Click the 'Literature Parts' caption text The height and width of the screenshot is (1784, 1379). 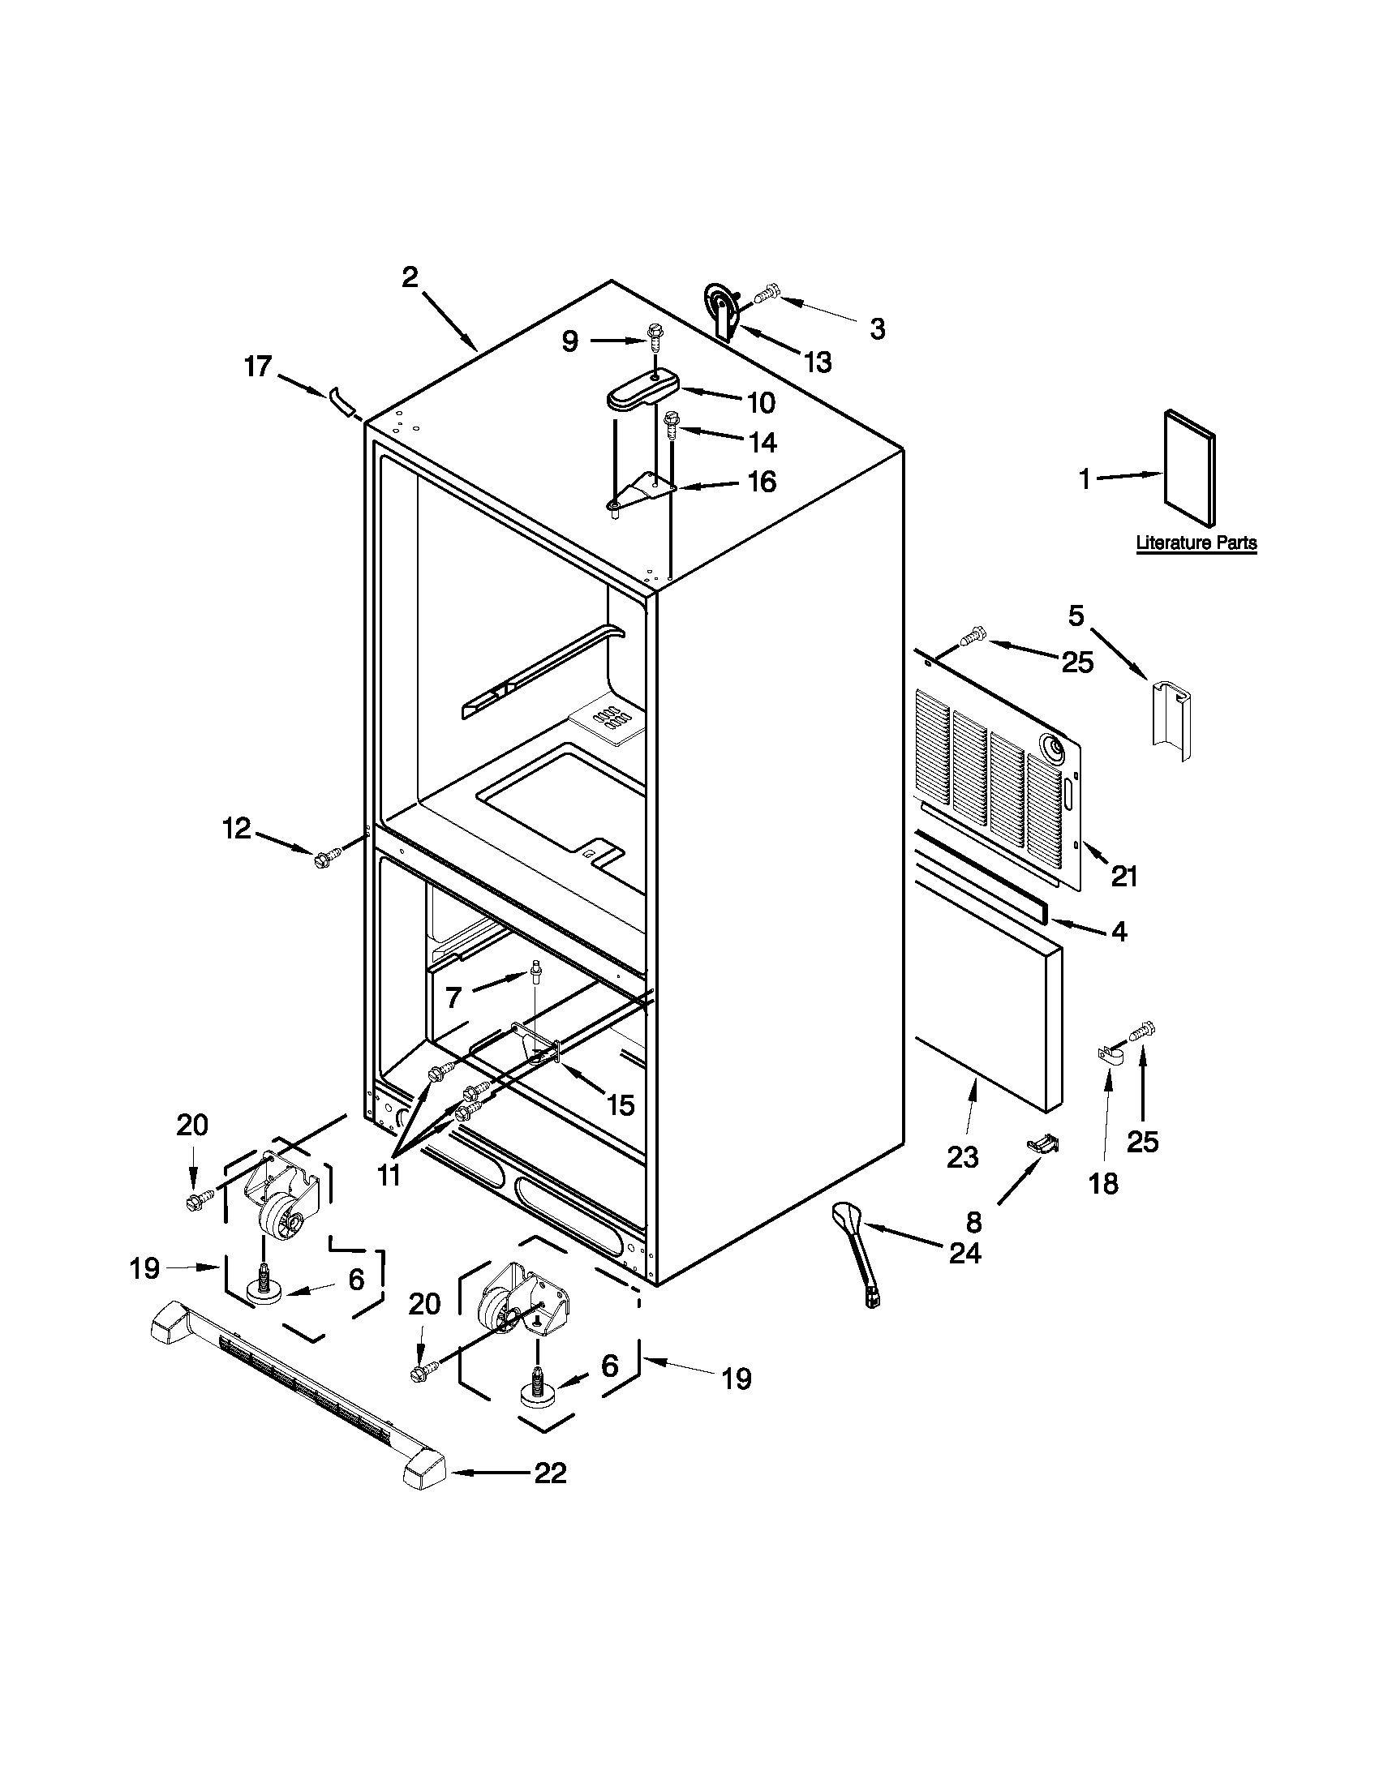(1196, 542)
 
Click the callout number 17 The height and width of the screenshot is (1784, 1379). (257, 367)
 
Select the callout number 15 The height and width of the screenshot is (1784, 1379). (620, 1105)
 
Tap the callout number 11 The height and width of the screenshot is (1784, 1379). (389, 1176)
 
